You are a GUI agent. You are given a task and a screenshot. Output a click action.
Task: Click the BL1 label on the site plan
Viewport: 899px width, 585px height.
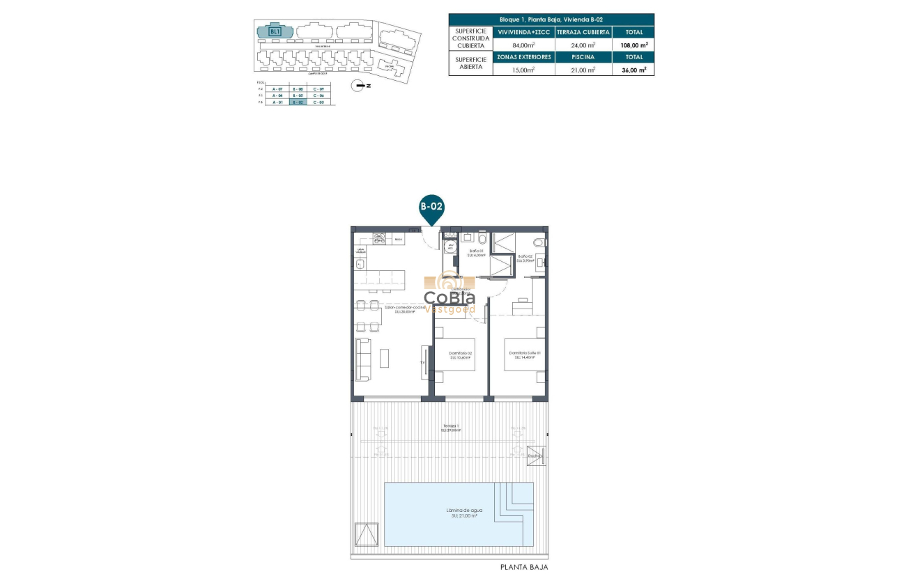click(275, 31)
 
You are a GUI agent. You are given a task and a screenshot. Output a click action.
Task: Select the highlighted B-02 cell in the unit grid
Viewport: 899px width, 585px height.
click(298, 102)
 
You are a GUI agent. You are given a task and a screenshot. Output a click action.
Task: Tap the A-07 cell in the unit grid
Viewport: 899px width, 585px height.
click(278, 88)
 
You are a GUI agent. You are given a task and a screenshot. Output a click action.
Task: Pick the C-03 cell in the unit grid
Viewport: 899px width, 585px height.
click(318, 102)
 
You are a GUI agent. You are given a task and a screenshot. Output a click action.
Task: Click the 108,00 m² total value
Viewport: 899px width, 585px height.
click(633, 45)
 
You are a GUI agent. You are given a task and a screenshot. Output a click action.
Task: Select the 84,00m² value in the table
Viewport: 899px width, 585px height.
click(523, 45)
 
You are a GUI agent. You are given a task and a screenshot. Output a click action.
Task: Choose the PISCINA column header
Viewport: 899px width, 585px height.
click(583, 57)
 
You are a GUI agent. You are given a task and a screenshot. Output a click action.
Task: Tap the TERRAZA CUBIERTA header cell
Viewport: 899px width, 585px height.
click(583, 32)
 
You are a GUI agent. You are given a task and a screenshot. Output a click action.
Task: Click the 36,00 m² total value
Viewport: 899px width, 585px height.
click(633, 70)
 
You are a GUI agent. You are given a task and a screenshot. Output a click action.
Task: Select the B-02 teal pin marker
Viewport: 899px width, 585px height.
click(431, 208)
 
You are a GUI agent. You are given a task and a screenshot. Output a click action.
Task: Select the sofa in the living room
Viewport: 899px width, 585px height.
click(362, 359)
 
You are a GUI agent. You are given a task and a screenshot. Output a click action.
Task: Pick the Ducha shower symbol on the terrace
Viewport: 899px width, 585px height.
click(536, 455)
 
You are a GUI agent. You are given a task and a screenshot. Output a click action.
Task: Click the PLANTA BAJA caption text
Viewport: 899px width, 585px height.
click(524, 568)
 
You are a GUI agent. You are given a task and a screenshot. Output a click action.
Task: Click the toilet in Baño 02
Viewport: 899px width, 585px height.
click(539, 242)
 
